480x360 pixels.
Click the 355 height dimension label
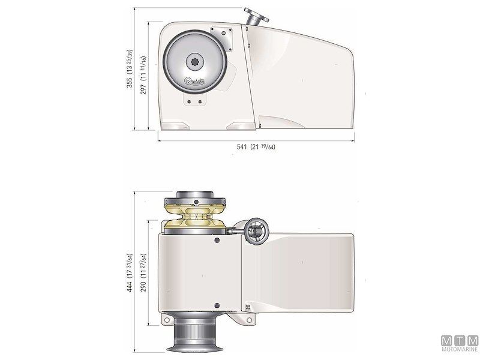(130, 69)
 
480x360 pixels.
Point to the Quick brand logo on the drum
(196, 82)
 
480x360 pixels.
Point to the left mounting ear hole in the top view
(164, 322)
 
